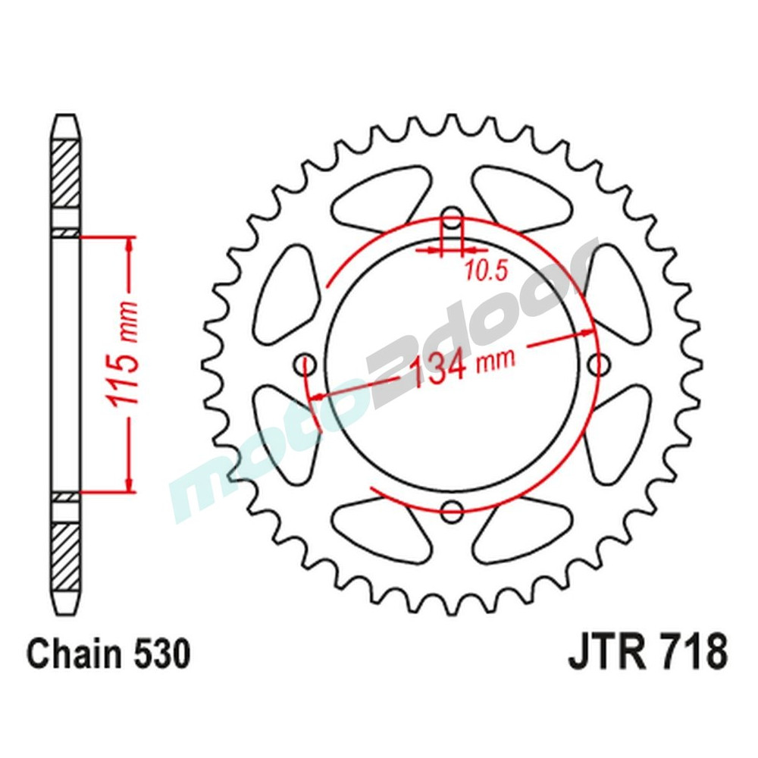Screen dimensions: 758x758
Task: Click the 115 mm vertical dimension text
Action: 124,364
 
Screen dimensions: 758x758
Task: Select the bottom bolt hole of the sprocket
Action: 453,510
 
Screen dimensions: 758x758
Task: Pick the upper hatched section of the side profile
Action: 65,174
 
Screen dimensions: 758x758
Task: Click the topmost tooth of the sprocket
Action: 452,124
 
